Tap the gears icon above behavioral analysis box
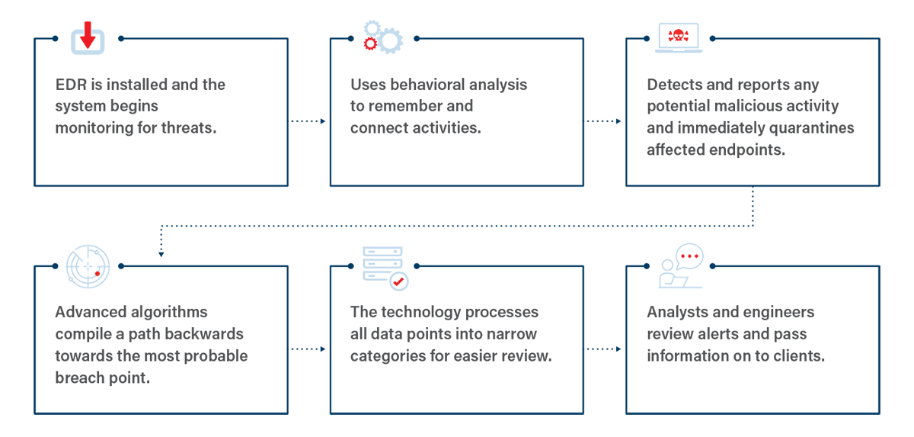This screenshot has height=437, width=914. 382,36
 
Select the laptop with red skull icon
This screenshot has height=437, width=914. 678,38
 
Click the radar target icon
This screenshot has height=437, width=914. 88,266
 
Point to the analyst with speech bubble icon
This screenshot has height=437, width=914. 680,266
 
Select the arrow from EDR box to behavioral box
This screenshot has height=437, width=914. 307,121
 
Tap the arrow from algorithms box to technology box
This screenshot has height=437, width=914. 307,349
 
